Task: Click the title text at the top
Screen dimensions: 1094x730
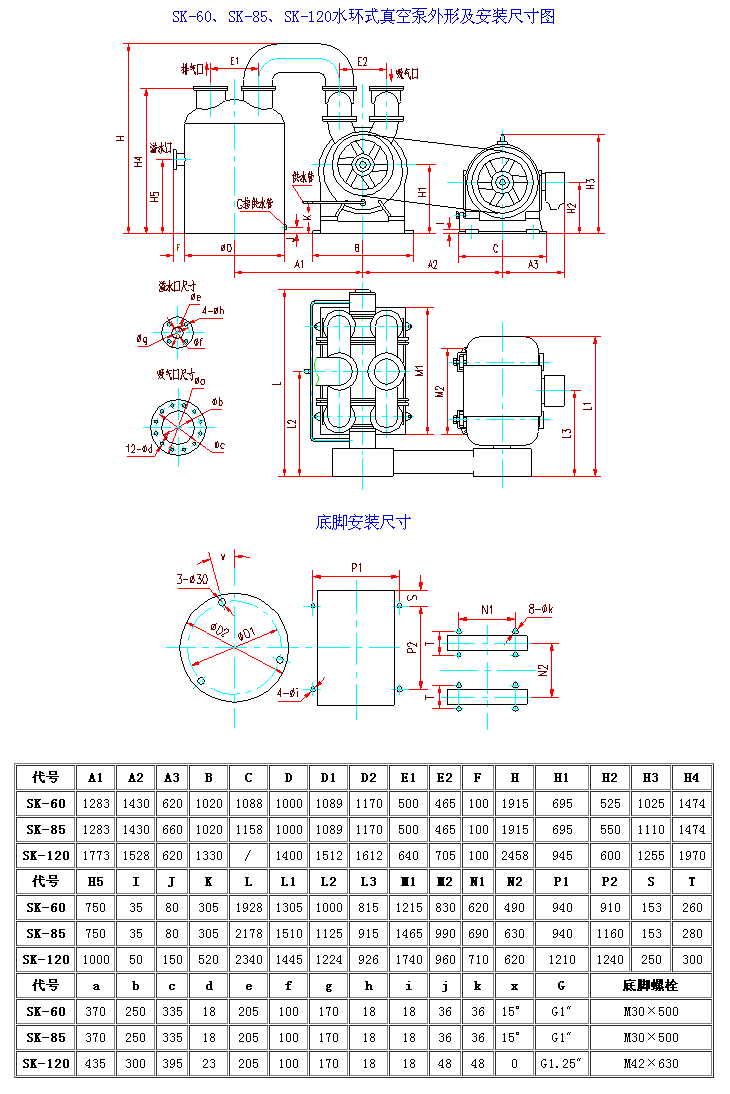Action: pyautogui.click(x=364, y=16)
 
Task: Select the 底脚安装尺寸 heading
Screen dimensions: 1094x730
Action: pyautogui.click(x=363, y=521)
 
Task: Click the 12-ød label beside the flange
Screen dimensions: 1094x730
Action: pyautogui.click(x=140, y=448)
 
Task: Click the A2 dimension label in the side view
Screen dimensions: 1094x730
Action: pyautogui.click(x=432, y=264)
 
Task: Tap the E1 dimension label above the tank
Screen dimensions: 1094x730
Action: pyautogui.click(x=235, y=62)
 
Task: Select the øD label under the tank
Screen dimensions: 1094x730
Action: pyautogui.click(x=226, y=247)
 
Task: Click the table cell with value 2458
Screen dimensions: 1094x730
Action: pyautogui.click(x=514, y=855)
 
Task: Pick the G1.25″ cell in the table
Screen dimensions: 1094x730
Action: pyautogui.click(x=562, y=1063)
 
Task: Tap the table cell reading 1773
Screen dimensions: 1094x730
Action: pyautogui.click(x=95, y=855)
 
